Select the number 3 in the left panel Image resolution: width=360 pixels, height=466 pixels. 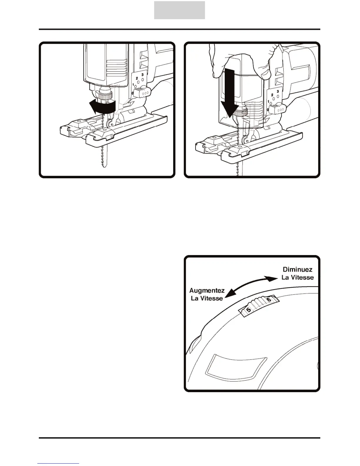click(142, 75)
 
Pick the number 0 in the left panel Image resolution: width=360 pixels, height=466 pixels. click(132, 93)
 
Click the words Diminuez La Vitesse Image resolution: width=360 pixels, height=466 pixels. click(297, 273)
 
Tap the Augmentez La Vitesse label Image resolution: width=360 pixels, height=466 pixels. click(207, 294)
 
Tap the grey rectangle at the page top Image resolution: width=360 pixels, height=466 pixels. click(179, 10)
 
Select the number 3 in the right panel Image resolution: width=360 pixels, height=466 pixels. click(278, 91)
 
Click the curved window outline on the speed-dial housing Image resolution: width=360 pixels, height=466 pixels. click(235, 367)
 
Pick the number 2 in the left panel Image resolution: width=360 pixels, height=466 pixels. click(137, 78)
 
